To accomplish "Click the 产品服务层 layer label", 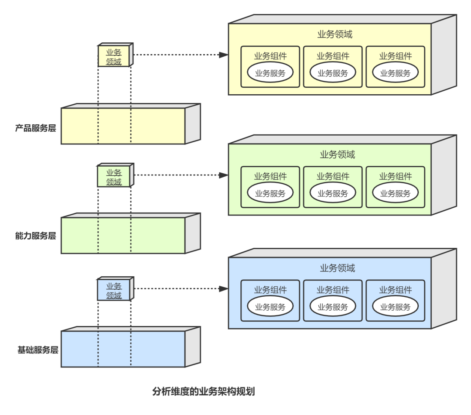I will click(36, 128).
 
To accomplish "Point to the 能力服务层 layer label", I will click(36, 236).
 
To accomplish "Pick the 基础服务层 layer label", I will click(38, 350).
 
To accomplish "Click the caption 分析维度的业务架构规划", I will click(203, 391).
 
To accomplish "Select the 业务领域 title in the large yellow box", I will click(334, 34).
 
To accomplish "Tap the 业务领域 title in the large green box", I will click(337, 154).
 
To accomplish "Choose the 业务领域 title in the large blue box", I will click(337, 268).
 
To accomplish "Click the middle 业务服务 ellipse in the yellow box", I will click(333, 73).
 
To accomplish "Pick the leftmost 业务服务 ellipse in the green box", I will click(270, 193).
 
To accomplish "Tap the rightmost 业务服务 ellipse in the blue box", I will click(395, 307).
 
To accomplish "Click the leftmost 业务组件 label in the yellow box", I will click(270, 56).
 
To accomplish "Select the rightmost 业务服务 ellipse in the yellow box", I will click(395, 73).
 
